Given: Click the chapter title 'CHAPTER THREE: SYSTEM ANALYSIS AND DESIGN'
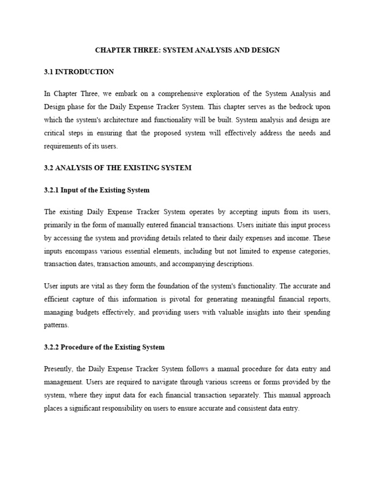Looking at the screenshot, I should pyautogui.click(x=187, y=50).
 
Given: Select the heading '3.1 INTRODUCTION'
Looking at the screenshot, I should pyautogui.click(x=79, y=72).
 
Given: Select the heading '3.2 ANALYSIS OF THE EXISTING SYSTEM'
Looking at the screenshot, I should pyautogui.click(x=118, y=167).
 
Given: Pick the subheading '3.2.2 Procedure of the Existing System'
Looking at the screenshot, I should pyautogui.click(x=104, y=347).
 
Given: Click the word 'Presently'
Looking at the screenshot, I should pyautogui.click(x=59, y=369).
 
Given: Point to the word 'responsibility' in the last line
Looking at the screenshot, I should pyautogui.click(x=130, y=408).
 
